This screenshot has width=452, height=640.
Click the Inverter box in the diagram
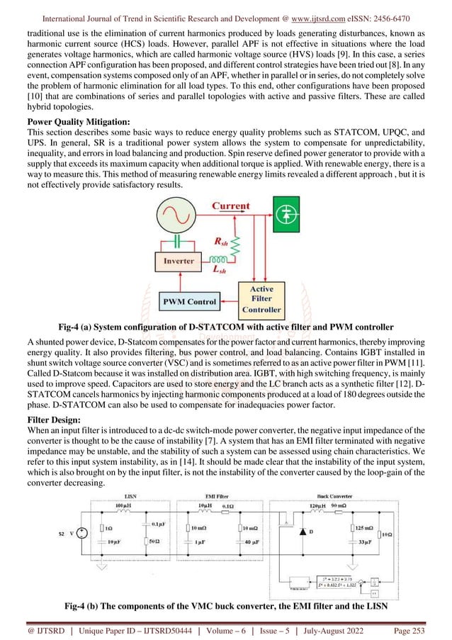coord(179,261)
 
